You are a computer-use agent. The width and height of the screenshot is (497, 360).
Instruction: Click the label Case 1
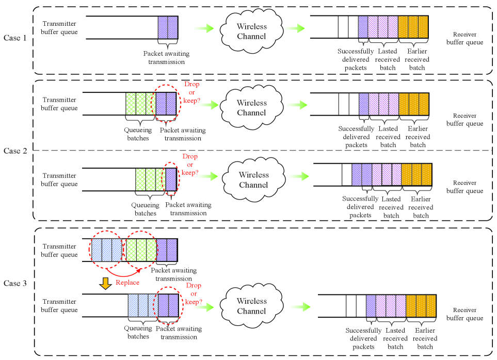[15, 38]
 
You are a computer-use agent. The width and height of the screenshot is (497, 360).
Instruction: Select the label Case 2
[15, 151]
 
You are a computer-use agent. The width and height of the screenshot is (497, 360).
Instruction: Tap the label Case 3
[15, 284]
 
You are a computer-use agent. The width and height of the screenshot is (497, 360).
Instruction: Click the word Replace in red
[127, 283]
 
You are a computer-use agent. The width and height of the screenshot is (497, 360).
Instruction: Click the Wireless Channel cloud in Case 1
[251, 31]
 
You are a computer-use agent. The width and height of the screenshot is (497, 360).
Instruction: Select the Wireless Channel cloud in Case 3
[251, 306]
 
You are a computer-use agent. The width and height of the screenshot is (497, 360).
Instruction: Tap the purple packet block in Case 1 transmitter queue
[168, 27]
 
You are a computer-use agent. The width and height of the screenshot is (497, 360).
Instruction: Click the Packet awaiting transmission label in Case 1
[166, 58]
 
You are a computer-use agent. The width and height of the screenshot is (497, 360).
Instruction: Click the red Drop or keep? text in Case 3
[193, 293]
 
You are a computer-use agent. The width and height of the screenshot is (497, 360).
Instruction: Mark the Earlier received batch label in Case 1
[417, 59]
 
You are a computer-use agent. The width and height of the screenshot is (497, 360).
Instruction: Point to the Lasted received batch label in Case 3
[396, 338]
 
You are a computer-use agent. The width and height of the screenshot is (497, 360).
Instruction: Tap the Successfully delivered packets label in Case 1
[356, 59]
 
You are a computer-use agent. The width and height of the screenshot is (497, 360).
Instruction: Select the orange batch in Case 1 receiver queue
[413, 27]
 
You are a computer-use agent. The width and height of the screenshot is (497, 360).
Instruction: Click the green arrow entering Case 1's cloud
[203, 28]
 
